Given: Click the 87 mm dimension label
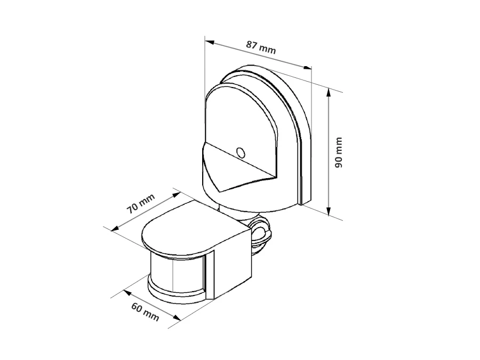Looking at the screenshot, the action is pyautogui.click(x=261, y=47).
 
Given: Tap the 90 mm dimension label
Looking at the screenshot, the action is pyautogui.click(x=338, y=153).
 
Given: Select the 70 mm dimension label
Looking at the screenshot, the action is pyautogui.click(x=141, y=203).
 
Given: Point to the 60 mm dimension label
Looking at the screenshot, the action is pyautogui.click(x=145, y=312).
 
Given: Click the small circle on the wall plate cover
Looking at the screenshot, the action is pyautogui.click(x=241, y=153).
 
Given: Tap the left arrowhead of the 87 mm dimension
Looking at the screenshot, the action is pyautogui.click(x=210, y=42).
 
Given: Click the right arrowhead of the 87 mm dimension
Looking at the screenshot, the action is pyautogui.click(x=307, y=67).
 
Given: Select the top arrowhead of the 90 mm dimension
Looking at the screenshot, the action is pyautogui.click(x=329, y=93).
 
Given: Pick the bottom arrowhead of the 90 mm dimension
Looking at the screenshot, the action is pyautogui.click(x=329, y=211).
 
